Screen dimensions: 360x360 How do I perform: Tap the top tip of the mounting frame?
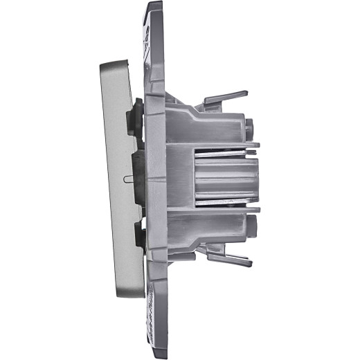154,5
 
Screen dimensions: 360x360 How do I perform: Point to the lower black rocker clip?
136,239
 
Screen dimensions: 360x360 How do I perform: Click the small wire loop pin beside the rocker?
127,178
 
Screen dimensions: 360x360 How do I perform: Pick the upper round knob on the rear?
249,128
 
